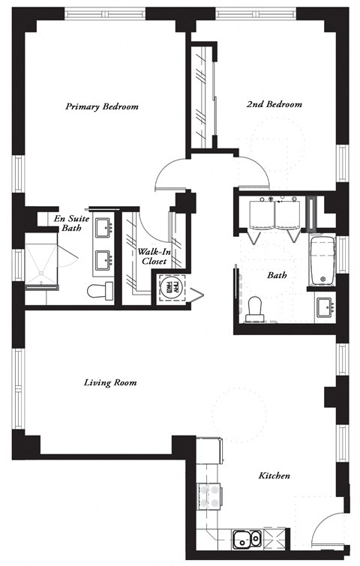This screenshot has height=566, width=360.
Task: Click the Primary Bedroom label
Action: (x=102, y=106)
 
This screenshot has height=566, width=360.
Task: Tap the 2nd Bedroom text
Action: (x=274, y=105)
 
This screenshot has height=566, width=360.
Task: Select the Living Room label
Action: (x=109, y=382)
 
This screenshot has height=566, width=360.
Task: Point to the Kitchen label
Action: (x=274, y=476)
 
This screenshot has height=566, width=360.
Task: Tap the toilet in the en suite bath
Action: (x=97, y=290)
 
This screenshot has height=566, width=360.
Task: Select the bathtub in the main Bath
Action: (x=322, y=262)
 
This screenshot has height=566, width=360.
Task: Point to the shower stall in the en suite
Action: (x=43, y=262)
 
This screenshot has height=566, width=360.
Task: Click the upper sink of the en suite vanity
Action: (x=104, y=227)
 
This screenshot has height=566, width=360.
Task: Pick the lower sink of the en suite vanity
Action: (x=104, y=259)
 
